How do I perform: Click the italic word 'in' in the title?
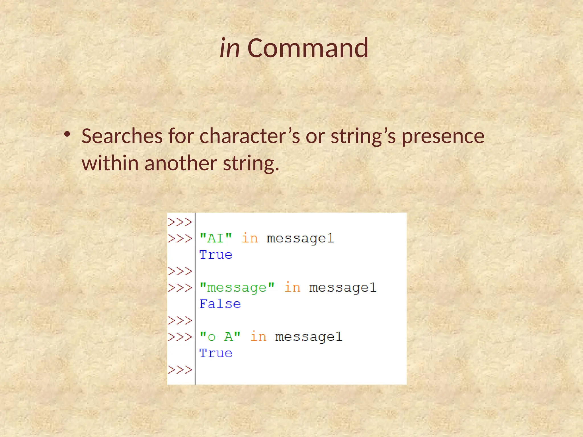230,48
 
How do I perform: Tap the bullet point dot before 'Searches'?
67,134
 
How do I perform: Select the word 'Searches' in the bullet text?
122,136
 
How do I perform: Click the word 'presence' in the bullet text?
443,137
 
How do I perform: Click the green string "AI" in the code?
216,238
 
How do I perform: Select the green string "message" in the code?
237,287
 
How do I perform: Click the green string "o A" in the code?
220,337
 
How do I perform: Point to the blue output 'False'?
220,304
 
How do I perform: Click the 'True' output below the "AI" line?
216,255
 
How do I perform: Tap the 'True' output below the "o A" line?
216,353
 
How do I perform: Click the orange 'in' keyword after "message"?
292,287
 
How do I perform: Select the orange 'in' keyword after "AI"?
250,238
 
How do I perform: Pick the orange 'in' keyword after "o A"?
258,337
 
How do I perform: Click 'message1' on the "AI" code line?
300,239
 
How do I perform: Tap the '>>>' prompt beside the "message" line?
180,288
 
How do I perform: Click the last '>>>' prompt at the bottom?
180,370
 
